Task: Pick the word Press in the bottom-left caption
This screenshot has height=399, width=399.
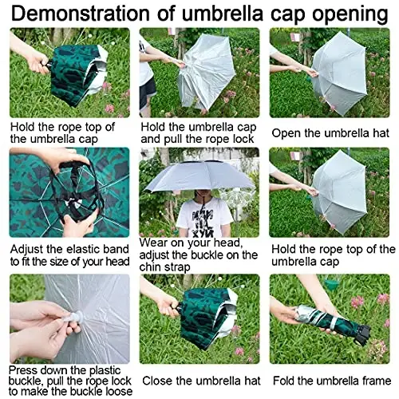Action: (x=27, y=370)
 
